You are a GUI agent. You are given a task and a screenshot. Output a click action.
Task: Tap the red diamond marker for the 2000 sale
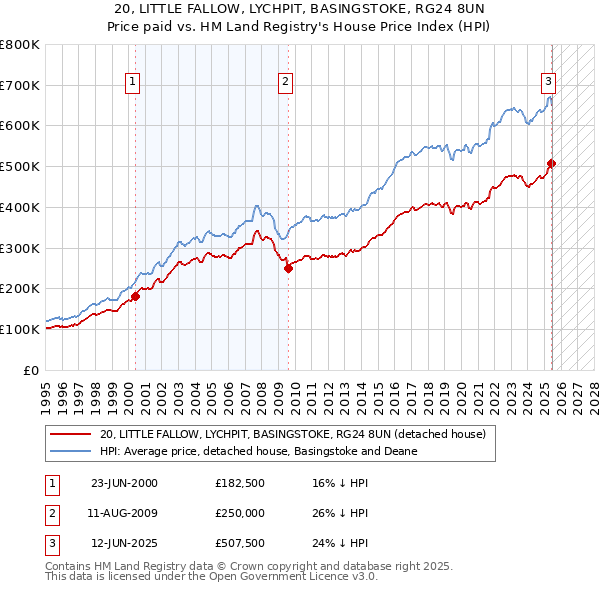135,295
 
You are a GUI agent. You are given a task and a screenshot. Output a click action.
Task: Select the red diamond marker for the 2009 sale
288,268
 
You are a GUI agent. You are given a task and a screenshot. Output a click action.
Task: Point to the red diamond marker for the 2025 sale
551,163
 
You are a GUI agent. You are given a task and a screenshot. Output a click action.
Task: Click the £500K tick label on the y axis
20,166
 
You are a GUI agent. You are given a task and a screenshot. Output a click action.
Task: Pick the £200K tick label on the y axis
20,288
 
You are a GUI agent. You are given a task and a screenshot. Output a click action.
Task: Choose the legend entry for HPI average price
265,451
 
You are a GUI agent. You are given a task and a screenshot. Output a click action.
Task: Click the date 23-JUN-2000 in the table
124,483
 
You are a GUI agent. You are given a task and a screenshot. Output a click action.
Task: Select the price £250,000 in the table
240,513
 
